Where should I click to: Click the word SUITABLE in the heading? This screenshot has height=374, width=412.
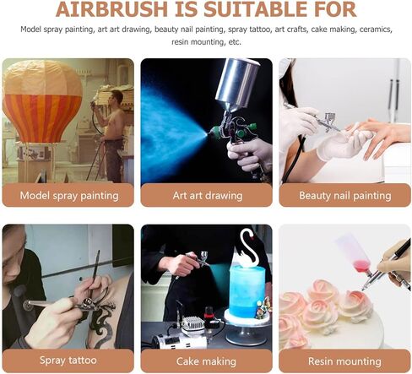click(243, 10)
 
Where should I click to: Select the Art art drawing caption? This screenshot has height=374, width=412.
click(207, 195)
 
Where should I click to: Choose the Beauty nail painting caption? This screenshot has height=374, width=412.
click(344, 195)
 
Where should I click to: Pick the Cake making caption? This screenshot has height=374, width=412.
click(207, 360)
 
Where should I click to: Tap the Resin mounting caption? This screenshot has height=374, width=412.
click(344, 360)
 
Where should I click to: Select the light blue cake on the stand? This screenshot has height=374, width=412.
click(247, 291)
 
